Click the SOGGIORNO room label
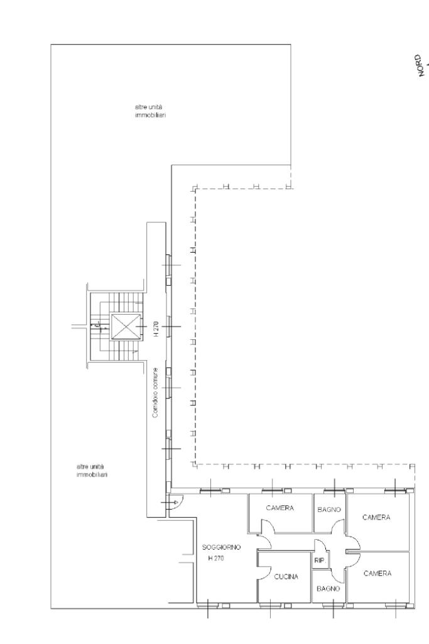221,547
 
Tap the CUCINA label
286,577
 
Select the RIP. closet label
319,560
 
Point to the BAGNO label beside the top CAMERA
329,510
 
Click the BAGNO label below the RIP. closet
329,589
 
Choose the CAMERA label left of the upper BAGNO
280,508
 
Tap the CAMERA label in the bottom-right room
377,574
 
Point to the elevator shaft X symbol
126,327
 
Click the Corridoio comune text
155,393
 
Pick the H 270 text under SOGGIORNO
216,558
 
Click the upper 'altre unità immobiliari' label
150,111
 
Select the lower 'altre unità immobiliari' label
92,471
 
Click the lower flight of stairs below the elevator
123,350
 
